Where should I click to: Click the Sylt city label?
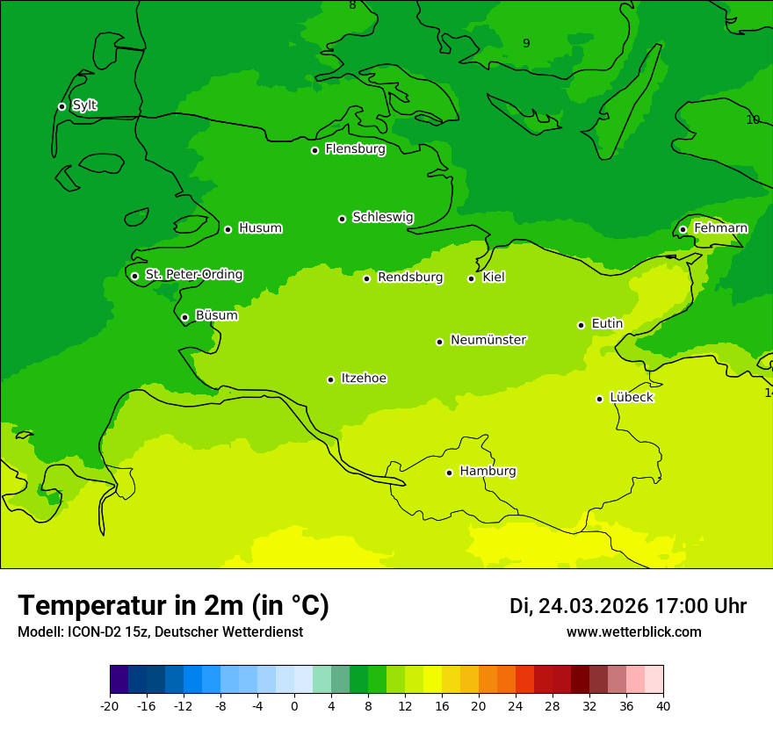coord(84,105)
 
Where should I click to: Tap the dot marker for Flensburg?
coord(314,150)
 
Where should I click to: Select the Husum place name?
coord(260,228)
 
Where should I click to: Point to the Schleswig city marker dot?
coord(342,219)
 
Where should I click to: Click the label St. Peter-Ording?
coord(193,275)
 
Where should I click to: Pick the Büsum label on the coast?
coord(216,315)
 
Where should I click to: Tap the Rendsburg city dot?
coord(367,278)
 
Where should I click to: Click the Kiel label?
coord(494,278)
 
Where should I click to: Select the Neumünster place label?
coord(488,340)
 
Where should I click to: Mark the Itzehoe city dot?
coord(330,379)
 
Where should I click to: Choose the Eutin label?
coord(607,324)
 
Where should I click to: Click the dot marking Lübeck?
coord(599,399)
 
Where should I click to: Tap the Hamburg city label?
coord(488,472)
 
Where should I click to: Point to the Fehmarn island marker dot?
coord(683,229)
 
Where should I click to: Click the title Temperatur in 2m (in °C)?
coord(173,605)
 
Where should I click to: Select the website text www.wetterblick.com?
coord(633,632)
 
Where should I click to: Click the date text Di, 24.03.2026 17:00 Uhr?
coord(627,606)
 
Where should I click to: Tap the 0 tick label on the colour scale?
coord(294,705)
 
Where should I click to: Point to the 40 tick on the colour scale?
coord(662,705)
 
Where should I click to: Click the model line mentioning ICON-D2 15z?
coord(160,632)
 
